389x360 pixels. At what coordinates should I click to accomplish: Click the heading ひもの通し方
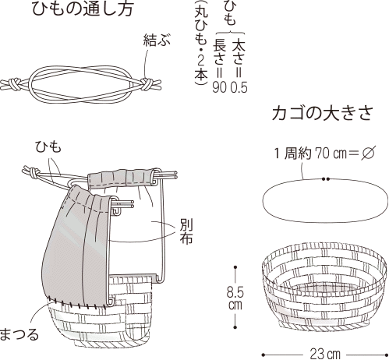point(83,9)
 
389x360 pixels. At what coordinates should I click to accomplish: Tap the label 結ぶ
point(157,41)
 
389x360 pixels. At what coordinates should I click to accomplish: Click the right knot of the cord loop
point(147,83)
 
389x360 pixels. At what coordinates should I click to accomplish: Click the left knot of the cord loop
point(13,85)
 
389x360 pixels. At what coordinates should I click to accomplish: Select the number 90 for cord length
point(220,87)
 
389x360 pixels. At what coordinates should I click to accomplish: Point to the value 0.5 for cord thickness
point(239,87)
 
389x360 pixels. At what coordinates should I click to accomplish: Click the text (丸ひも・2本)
point(201,44)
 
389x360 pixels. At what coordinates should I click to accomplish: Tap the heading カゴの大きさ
point(323,114)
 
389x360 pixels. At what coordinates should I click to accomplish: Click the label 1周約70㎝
point(311,154)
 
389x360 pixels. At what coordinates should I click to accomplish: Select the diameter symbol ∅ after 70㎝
point(368,153)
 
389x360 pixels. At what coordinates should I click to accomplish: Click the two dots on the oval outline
point(326,178)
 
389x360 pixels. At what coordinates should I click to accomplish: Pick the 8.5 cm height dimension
point(235,298)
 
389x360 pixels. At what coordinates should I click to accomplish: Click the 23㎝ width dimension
point(325,354)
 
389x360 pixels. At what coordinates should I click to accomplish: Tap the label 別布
point(186,231)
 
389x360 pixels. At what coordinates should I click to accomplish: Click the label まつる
point(19,334)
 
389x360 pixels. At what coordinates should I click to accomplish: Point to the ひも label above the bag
point(48,146)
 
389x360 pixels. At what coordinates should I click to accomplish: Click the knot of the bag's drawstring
point(34,172)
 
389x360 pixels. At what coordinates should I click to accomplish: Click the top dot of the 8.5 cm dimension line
point(235,267)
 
